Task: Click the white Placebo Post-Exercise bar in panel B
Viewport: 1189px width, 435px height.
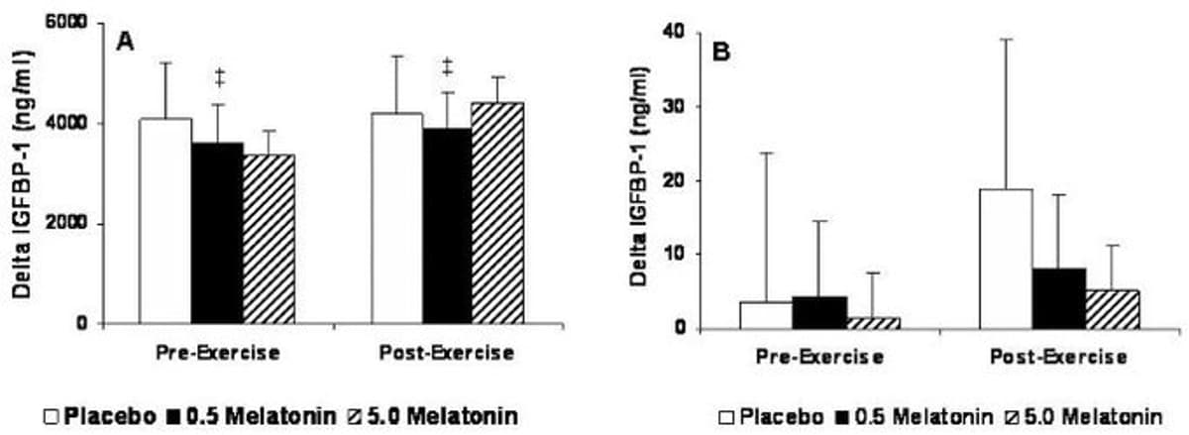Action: point(1006,259)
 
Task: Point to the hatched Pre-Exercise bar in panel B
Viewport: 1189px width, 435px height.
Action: point(873,323)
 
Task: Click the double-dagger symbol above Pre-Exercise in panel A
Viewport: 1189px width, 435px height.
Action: point(219,76)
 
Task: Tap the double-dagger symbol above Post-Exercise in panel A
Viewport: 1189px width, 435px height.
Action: point(447,67)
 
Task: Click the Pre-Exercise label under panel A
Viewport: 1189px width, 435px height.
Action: point(216,353)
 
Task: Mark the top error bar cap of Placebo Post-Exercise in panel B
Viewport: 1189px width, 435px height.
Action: point(1006,40)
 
